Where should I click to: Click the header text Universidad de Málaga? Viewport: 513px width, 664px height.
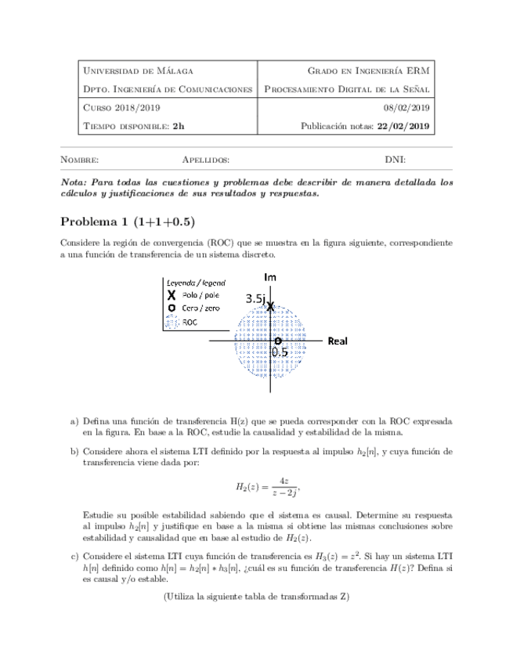(x=138, y=71)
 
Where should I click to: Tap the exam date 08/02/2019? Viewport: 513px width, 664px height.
(x=406, y=108)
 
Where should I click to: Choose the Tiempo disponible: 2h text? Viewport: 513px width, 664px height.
(x=134, y=126)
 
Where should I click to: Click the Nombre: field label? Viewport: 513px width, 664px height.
(x=79, y=160)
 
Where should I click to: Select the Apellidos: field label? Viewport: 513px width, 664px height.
(x=205, y=160)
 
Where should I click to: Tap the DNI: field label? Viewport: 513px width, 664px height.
(x=395, y=160)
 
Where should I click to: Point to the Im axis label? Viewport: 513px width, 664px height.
(x=270, y=277)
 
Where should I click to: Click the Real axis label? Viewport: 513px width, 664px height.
(x=338, y=341)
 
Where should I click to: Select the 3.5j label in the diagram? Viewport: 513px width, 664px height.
(x=255, y=298)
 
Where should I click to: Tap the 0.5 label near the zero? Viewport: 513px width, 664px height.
(x=280, y=352)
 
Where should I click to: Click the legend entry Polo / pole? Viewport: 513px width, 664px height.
(x=200, y=295)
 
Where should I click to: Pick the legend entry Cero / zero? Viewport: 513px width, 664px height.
(x=201, y=309)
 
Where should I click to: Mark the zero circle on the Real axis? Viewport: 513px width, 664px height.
(x=277, y=341)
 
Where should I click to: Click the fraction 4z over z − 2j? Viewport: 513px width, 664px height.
(x=276, y=487)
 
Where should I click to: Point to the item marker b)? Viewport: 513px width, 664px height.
(x=75, y=452)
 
